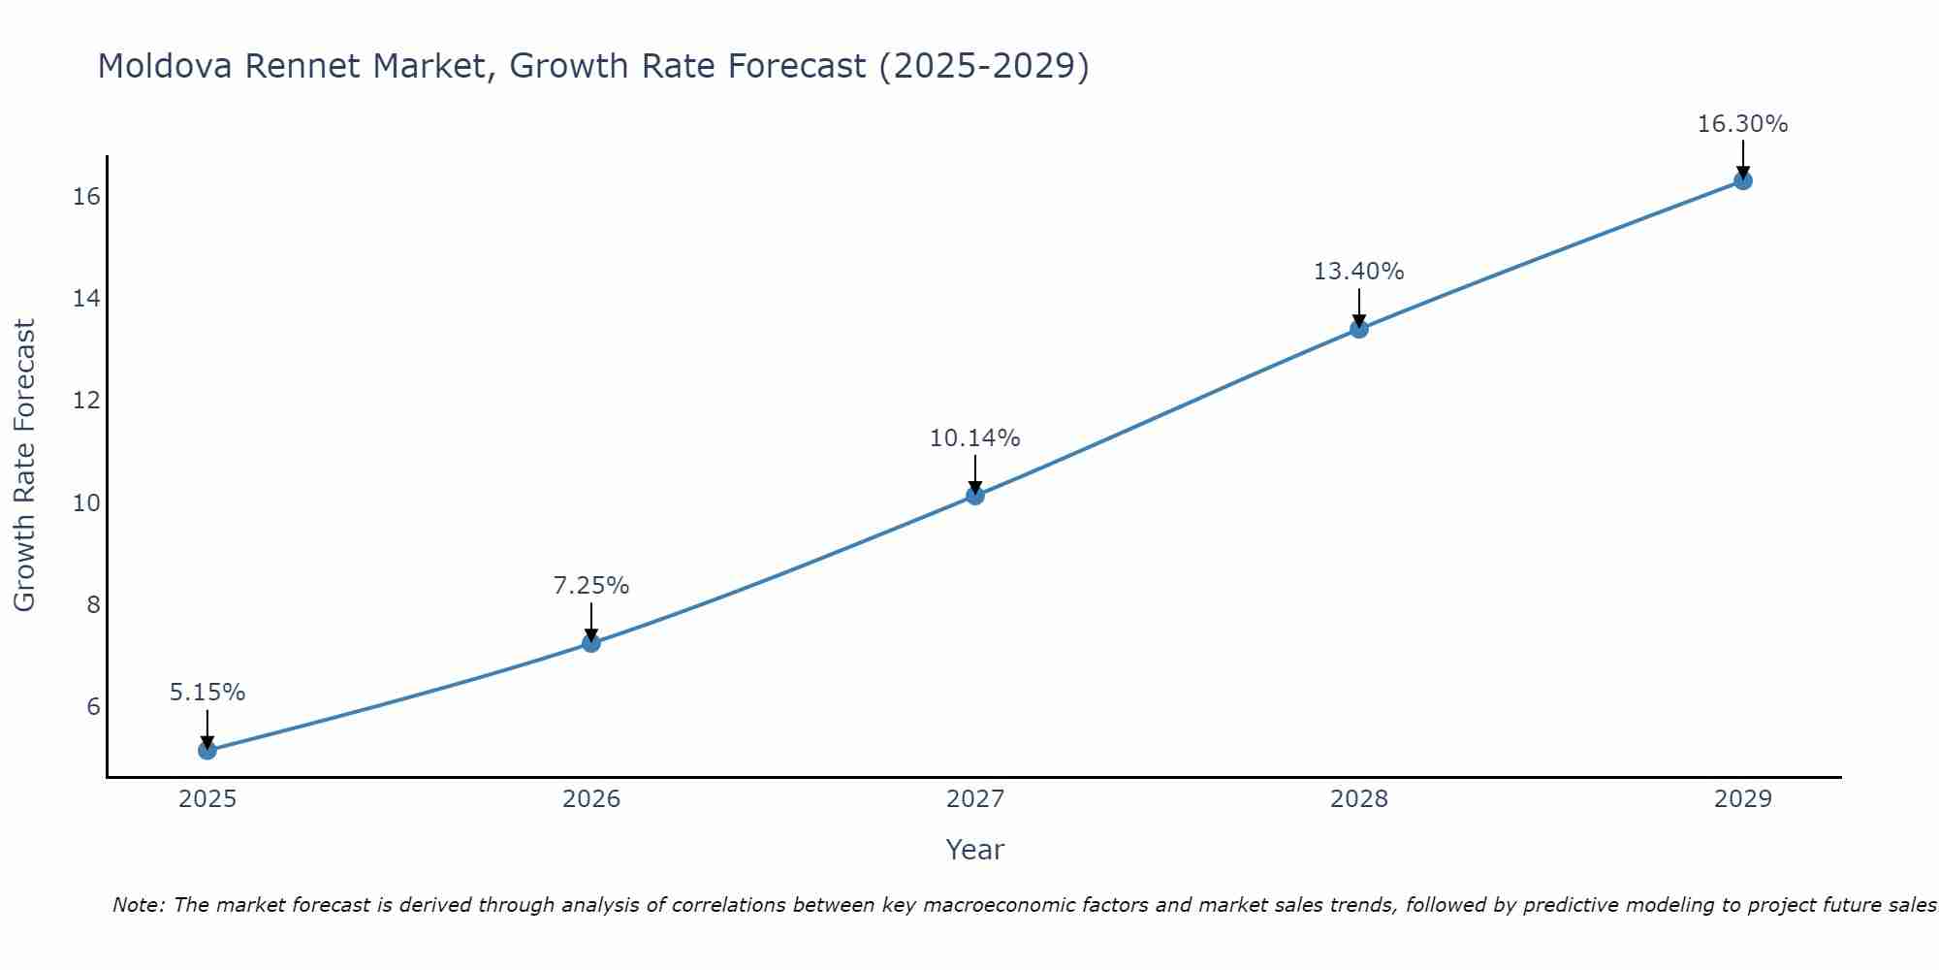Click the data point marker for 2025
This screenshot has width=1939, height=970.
tap(207, 750)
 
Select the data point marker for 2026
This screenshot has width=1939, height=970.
tap(591, 642)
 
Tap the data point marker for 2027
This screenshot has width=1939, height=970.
tap(975, 496)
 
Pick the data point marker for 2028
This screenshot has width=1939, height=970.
tap(1359, 329)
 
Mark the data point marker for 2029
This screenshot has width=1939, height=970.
tap(1743, 180)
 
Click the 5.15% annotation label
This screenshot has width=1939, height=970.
tap(207, 693)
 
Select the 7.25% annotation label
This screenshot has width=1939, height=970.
tap(591, 586)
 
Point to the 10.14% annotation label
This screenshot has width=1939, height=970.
tap(975, 438)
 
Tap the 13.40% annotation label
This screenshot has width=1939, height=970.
tap(1359, 272)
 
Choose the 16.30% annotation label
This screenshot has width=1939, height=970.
tap(1743, 124)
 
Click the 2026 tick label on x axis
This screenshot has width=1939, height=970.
tap(591, 799)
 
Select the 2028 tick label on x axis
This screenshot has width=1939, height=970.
tap(1359, 799)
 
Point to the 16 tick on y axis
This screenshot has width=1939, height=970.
tap(86, 197)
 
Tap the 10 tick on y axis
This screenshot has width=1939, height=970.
tap(86, 502)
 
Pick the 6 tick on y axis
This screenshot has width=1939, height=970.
tap(93, 706)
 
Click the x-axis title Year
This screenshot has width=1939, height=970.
tap(975, 850)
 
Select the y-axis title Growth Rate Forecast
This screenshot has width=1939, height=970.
tap(24, 466)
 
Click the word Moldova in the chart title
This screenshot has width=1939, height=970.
tap(165, 66)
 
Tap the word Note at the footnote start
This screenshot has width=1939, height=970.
tap(139, 905)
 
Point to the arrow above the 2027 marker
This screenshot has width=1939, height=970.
tap(975, 473)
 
